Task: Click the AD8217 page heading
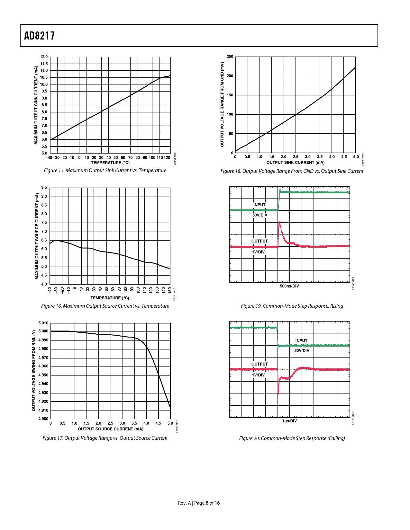click(x=40, y=36)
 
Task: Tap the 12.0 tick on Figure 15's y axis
click(x=44, y=57)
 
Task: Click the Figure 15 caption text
click(x=105, y=171)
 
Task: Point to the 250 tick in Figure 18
click(x=230, y=57)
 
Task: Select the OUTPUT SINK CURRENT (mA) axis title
click(x=296, y=163)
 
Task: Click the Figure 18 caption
click(x=292, y=171)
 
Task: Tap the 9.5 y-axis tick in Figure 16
click(x=44, y=188)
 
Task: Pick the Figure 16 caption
click(x=105, y=306)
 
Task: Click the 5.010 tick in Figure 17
click(x=43, y=323)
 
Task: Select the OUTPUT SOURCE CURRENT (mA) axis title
click(x=111, y=429)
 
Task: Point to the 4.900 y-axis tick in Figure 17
click(x=43, y=419)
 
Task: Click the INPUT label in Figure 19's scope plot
click(x=260, y=205)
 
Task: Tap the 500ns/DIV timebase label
click(x=289, y=286)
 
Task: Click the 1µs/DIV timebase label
click(x=289, y=421)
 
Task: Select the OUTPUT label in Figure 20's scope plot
click(x=260, y=364)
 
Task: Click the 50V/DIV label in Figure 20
click(x=302, y=351)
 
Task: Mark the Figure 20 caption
click(x=292, y=438)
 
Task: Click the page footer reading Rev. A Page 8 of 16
click(x=199, y=503)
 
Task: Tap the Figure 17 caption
click(x=105, y=438)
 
